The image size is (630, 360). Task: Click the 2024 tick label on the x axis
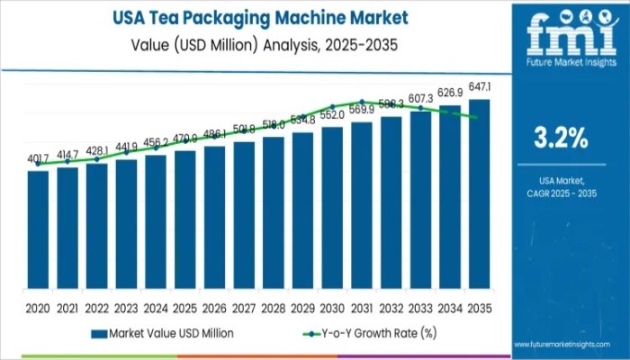point(156,308)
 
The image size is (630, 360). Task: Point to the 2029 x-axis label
point(303,308)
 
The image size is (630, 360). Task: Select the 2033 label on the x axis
point(420,308)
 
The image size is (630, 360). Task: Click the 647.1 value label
point(480,85)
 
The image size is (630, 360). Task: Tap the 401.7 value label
point(38,158)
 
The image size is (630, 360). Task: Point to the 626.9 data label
point(450,93)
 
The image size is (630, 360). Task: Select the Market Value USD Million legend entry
point(163,333)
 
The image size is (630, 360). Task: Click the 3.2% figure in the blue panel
point(562,139)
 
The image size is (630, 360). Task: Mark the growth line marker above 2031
point(362,102)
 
